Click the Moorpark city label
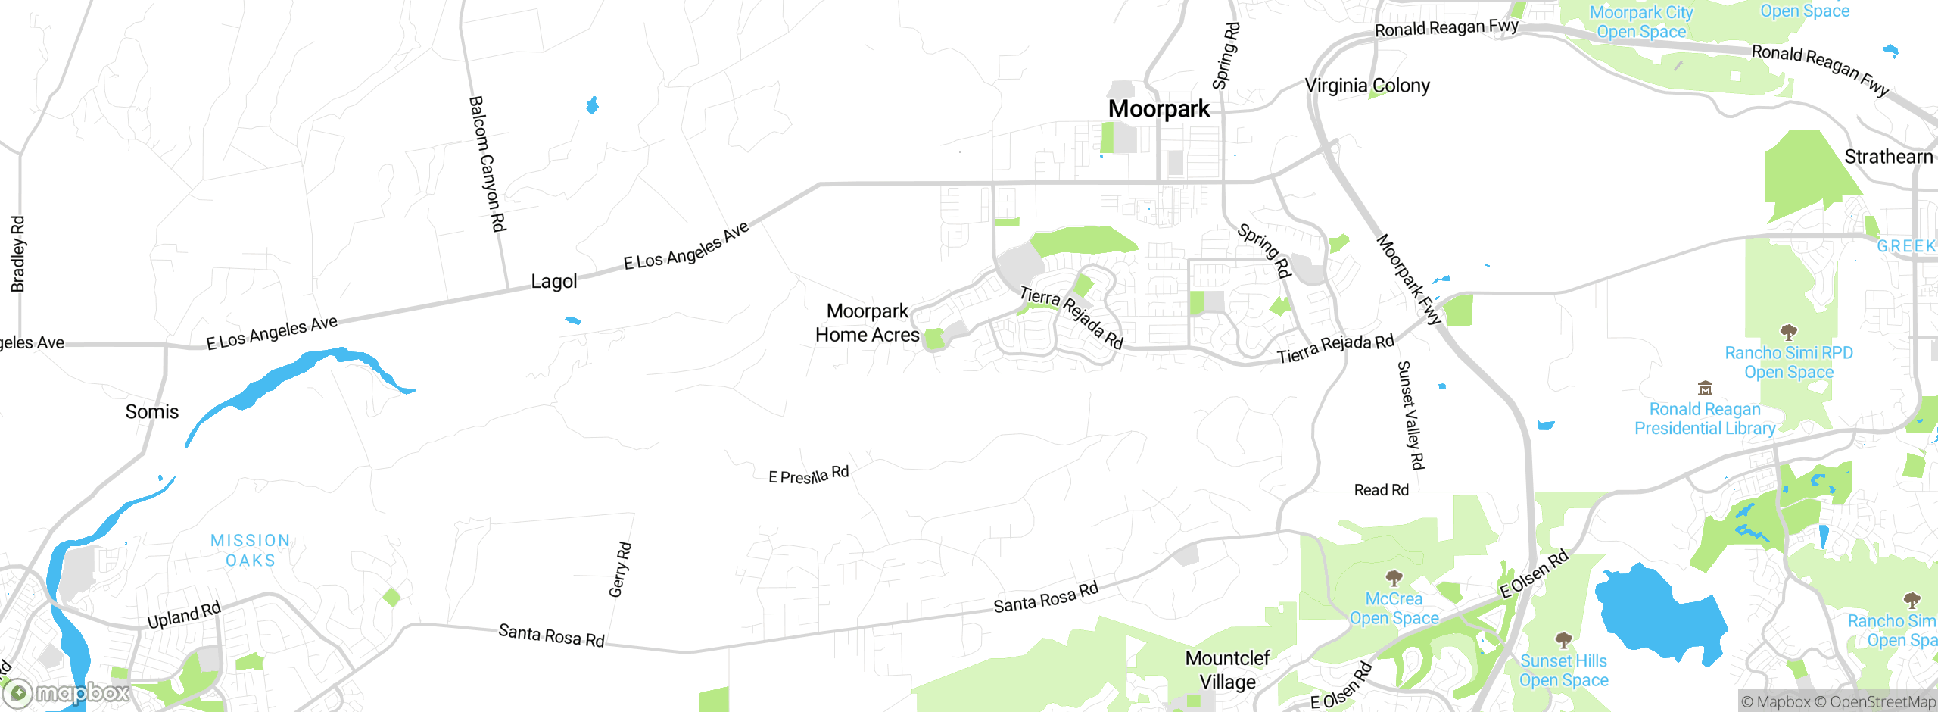[x=1159, y=109]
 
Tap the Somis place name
[x=152, y=412]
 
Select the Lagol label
[x=554, y=282]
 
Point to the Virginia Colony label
[x=1367, y=86]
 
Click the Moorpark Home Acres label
[x=868, y=323]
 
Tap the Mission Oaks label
[x=251, y=551]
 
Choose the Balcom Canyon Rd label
[x=488, y=164]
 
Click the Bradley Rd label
[x=18, y=254]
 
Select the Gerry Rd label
[x=620, y=570]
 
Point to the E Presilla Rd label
[x=809, y=476]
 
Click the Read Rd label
[x=1382, y=490]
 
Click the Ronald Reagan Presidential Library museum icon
[x=1705, y=389]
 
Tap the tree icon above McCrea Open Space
[x=1394, y=579]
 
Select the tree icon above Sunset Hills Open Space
[x=1563, y=640]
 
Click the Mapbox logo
[x=67, y=692]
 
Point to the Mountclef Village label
[x=1227, y=670]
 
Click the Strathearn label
[x=1889, y=157]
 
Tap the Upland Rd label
[x=184, y=615]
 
